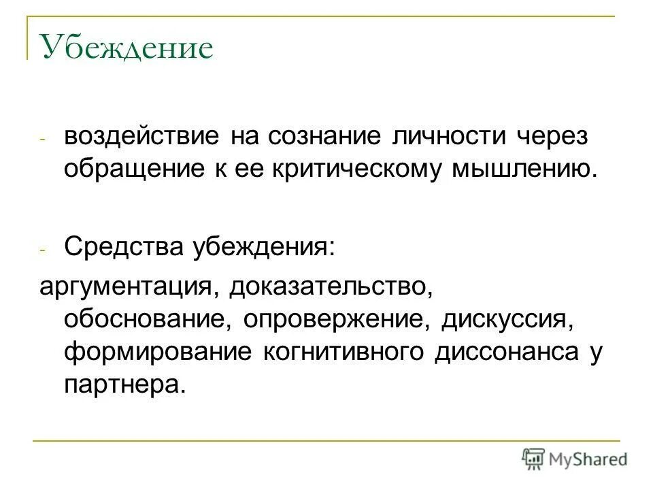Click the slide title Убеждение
127,48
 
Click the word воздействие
141,136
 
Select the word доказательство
331,286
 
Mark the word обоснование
144,319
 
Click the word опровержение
334,319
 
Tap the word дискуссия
504,319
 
